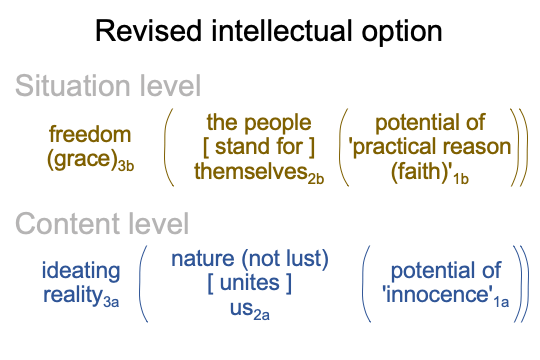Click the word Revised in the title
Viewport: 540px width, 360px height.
click(148, 31)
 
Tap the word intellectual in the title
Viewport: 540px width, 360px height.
click(281, 31)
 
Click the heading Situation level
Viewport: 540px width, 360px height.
click(108, 85)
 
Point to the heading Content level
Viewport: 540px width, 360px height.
click(102, 223)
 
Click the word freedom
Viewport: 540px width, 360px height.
click(90, 134)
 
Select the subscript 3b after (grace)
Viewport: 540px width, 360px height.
click(126, 166)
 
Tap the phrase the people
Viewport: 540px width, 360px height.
click(259, 123)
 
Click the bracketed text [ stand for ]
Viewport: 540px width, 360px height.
click(259, 147)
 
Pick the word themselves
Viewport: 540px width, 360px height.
click(251, 171)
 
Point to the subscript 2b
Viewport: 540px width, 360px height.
click(316, 179)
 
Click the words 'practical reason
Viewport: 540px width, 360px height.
click(430, 147)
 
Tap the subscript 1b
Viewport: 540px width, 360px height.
click(461, 179)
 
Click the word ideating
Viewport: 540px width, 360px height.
click(81, 271)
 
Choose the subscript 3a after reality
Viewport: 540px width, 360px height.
click(111, 302)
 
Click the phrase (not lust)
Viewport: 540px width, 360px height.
click(285, 258)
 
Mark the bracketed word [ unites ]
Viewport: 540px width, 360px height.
click(250, 283)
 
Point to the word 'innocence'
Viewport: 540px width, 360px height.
click(437, 295)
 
